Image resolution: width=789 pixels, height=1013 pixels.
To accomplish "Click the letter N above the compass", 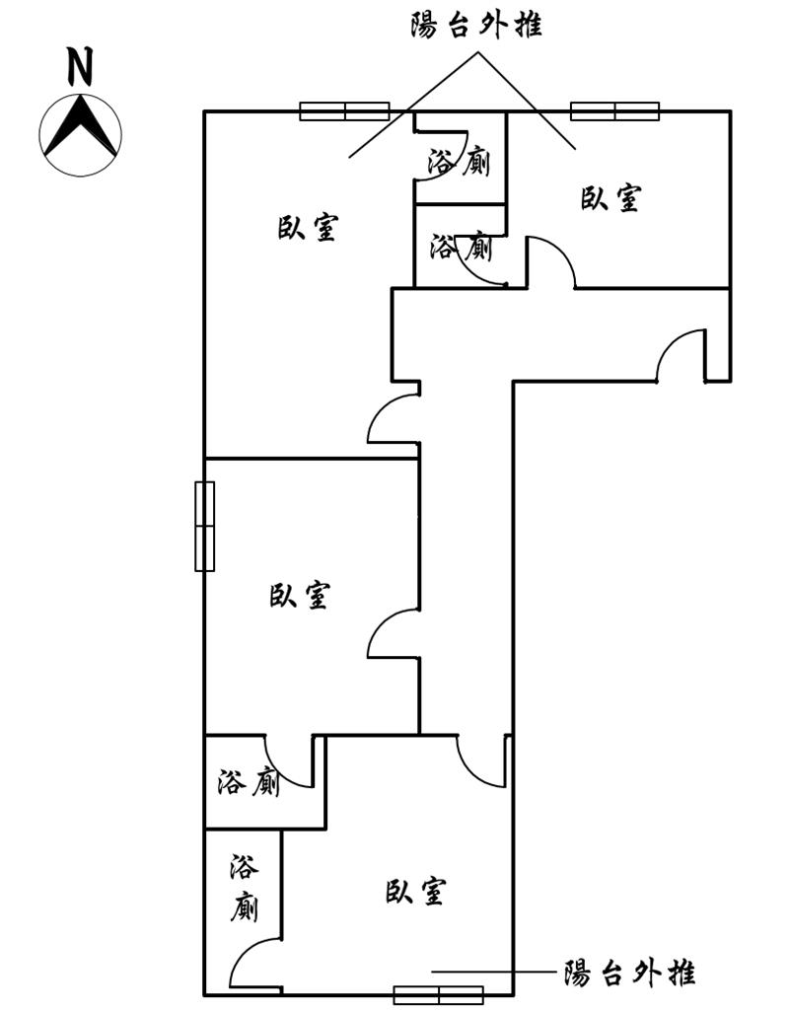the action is [80, 66].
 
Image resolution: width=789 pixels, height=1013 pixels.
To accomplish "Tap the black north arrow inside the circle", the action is [80, 126].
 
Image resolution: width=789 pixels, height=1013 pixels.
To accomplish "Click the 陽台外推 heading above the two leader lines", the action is [476, 27].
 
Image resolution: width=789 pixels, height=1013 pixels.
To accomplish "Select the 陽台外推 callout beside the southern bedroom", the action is [629, 972].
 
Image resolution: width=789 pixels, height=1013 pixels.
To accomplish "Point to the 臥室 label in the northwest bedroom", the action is [308, 228].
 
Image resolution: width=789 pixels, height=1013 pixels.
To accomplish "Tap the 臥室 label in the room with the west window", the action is [300, 595].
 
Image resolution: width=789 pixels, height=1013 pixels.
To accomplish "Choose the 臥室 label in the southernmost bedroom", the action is [415, 891].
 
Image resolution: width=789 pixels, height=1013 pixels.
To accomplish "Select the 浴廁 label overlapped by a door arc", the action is [461, 247].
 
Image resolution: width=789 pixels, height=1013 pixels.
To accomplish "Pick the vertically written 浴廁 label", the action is [245, 888].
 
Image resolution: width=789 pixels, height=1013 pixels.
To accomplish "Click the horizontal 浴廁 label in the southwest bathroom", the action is [249, 782].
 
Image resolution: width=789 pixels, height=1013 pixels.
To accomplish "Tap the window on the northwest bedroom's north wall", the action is [345, 111].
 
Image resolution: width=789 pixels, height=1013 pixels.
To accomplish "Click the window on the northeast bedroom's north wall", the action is [615, 111].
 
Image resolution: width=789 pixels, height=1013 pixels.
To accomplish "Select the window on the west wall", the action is [205, 526].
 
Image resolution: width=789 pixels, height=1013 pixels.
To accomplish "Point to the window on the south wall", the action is [439, 995].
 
